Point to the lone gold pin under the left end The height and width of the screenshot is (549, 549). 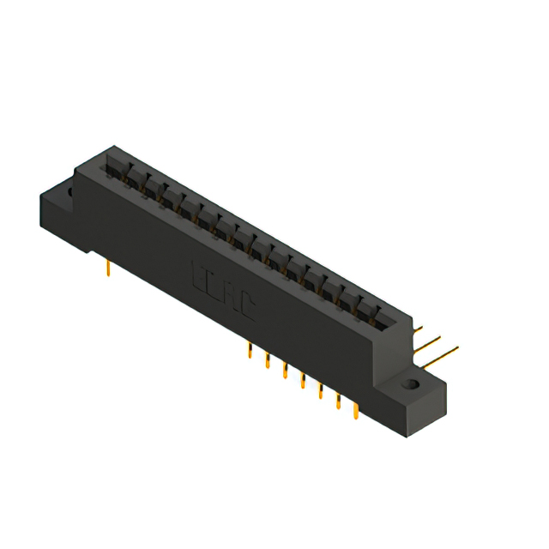pos(108,269)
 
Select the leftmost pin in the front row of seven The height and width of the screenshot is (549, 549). pos(249,351)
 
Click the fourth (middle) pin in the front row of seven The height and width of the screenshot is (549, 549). pos(302,380)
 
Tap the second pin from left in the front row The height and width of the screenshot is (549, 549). pos(267,360)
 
